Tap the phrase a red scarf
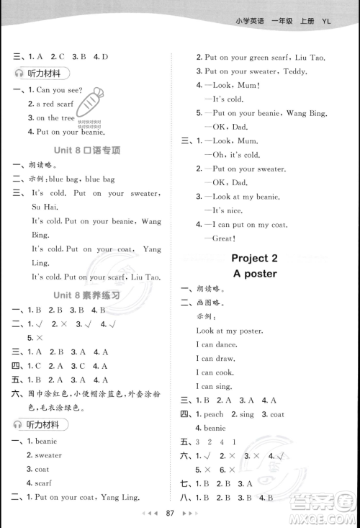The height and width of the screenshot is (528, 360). [49, 104]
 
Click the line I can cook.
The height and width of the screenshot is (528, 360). [215, 372]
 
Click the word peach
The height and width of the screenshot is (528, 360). [213, 414]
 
